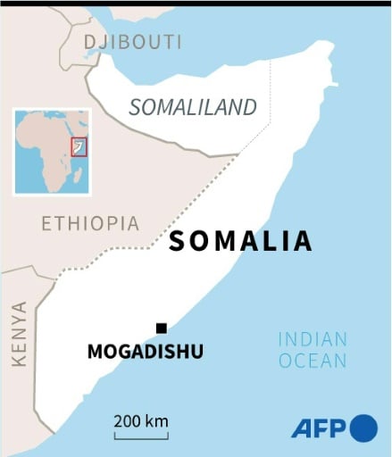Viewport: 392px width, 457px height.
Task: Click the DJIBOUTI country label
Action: point(133,42)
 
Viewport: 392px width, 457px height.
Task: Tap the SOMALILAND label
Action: point(192,107)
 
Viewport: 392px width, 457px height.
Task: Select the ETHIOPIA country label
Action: point(90,223)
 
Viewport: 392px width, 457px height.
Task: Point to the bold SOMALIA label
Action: point(240,241)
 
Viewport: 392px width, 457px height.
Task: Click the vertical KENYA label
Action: point(19,333)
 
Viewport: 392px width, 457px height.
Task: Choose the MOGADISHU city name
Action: point(145,352)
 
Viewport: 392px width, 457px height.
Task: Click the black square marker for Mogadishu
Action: point(161,328)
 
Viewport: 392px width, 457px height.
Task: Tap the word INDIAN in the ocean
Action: point(312,339)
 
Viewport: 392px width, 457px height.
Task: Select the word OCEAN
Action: point(312,361)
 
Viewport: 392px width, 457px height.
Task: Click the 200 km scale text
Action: point(141,420)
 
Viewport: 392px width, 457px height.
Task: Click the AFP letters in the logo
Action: point(319,428)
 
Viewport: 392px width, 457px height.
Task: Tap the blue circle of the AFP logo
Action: point(363,428)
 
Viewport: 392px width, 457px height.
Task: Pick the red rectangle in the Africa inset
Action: point(79,146)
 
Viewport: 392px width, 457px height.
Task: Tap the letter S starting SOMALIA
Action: point(177,241)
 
